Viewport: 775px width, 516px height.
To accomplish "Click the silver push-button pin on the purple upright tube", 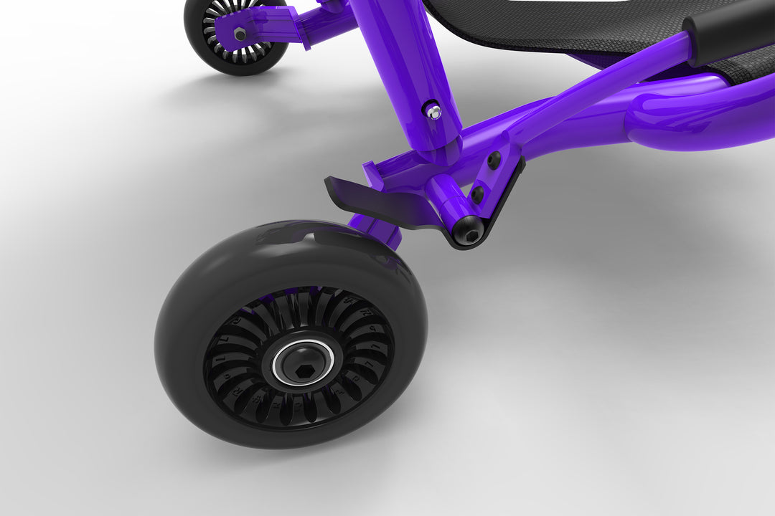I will point(433,110).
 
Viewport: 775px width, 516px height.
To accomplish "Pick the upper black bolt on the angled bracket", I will point(494,161).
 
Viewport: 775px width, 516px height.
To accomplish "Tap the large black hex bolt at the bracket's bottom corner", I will point(468,231).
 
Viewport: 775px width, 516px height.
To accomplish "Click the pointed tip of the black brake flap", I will point(329,181).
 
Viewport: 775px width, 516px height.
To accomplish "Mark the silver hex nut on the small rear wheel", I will point(240,33).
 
